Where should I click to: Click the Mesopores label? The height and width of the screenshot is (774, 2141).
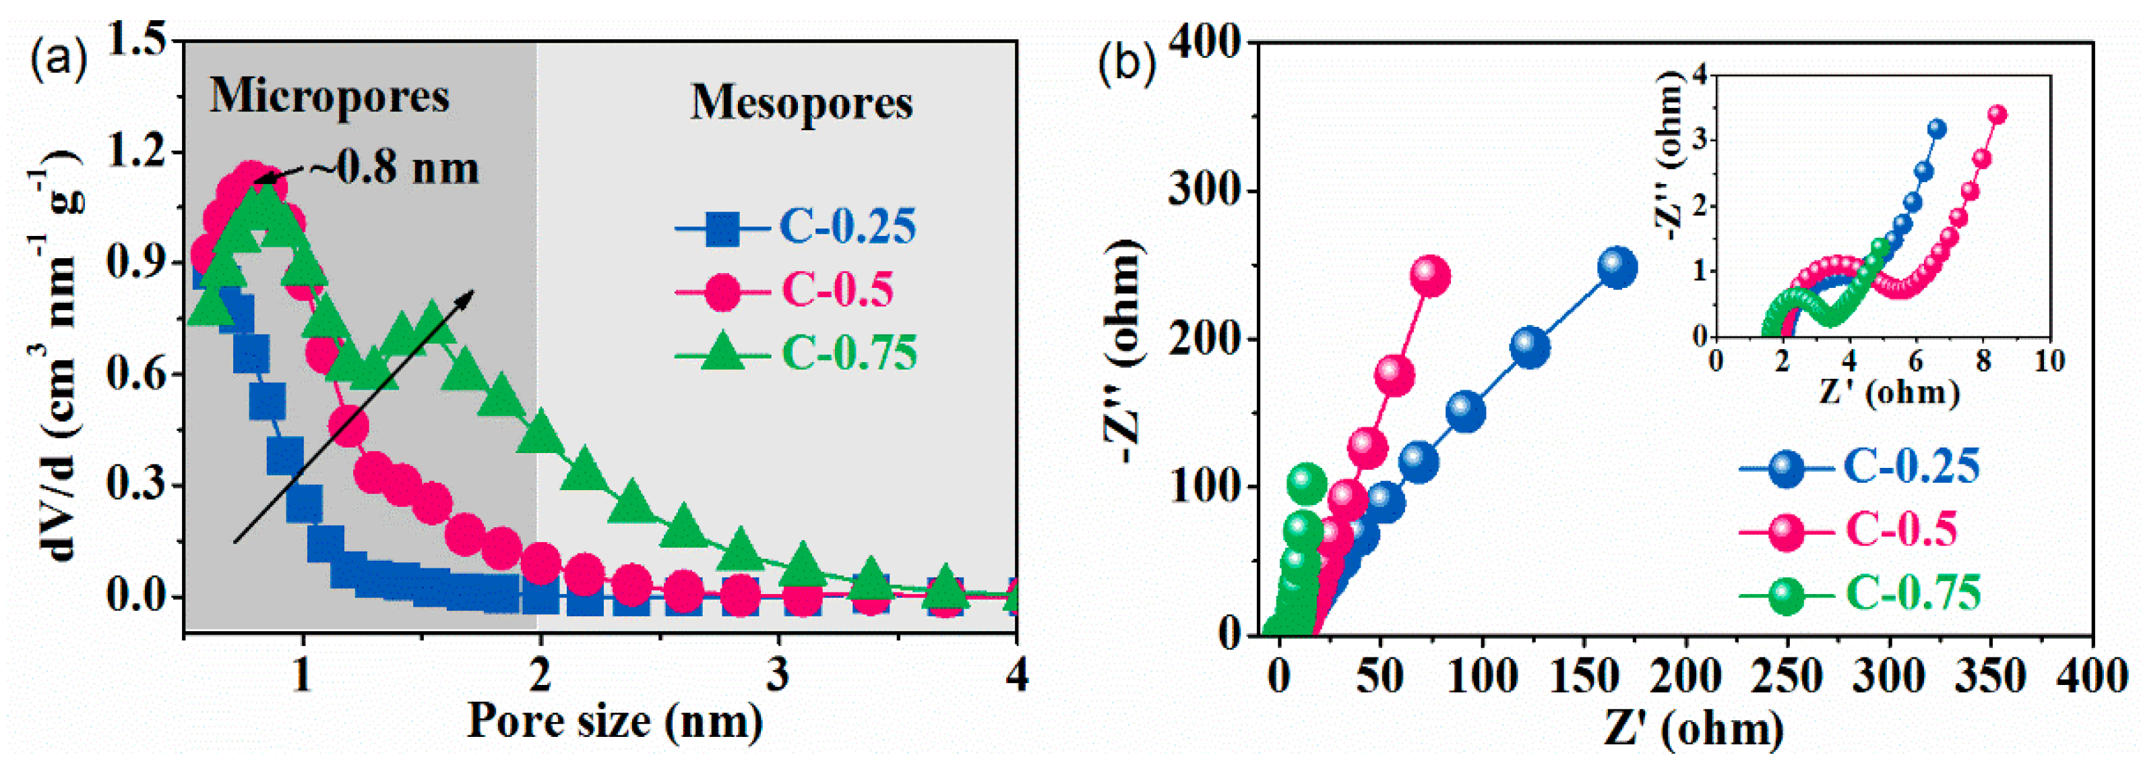pyautogui.click(x=801, y=104)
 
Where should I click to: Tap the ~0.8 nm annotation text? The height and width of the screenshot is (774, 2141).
pyautogui.click(x=395, y=169)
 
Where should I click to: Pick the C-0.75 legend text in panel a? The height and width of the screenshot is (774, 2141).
pyautogui.click(x=848, y=353)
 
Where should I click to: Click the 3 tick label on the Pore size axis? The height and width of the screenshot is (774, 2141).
pyautogui.click(x=778, y=674)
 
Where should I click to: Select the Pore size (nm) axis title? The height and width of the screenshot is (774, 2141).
pyautogui.click(x=615, y=721)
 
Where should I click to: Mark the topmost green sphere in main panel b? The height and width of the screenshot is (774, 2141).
pyautogui.click(x=1306, y=482)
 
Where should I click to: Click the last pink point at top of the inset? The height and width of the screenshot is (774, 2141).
pyautogui.click(x=1998, y=115)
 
